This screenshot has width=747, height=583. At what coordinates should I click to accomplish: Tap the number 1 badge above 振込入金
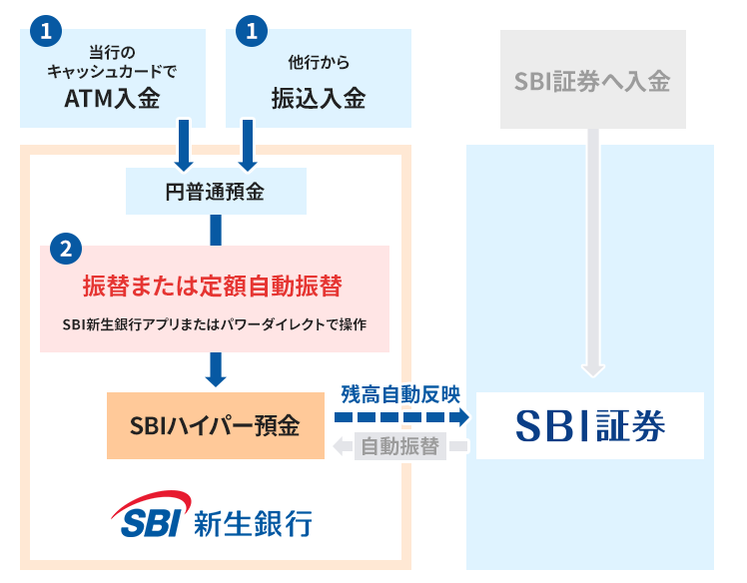[x=252, y=31]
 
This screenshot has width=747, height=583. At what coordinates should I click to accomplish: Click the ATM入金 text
[x=113, y=99]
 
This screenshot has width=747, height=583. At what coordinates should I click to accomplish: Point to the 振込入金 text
[x=319, y=99]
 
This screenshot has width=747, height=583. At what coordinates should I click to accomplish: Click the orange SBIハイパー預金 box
[x=215, y=425]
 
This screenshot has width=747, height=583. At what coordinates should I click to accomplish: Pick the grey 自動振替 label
[x=400, y=446]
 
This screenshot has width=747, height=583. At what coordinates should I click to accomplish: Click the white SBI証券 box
[x=590, y=425]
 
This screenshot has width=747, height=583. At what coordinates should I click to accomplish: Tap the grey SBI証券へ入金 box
[x=592, y=81]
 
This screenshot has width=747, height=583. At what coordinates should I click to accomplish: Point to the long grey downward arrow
[x=593, y=250]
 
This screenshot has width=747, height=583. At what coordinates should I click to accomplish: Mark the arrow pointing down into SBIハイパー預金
[x=215, y=368]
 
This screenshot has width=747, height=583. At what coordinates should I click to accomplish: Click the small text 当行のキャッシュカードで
[x=113, y=61]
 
